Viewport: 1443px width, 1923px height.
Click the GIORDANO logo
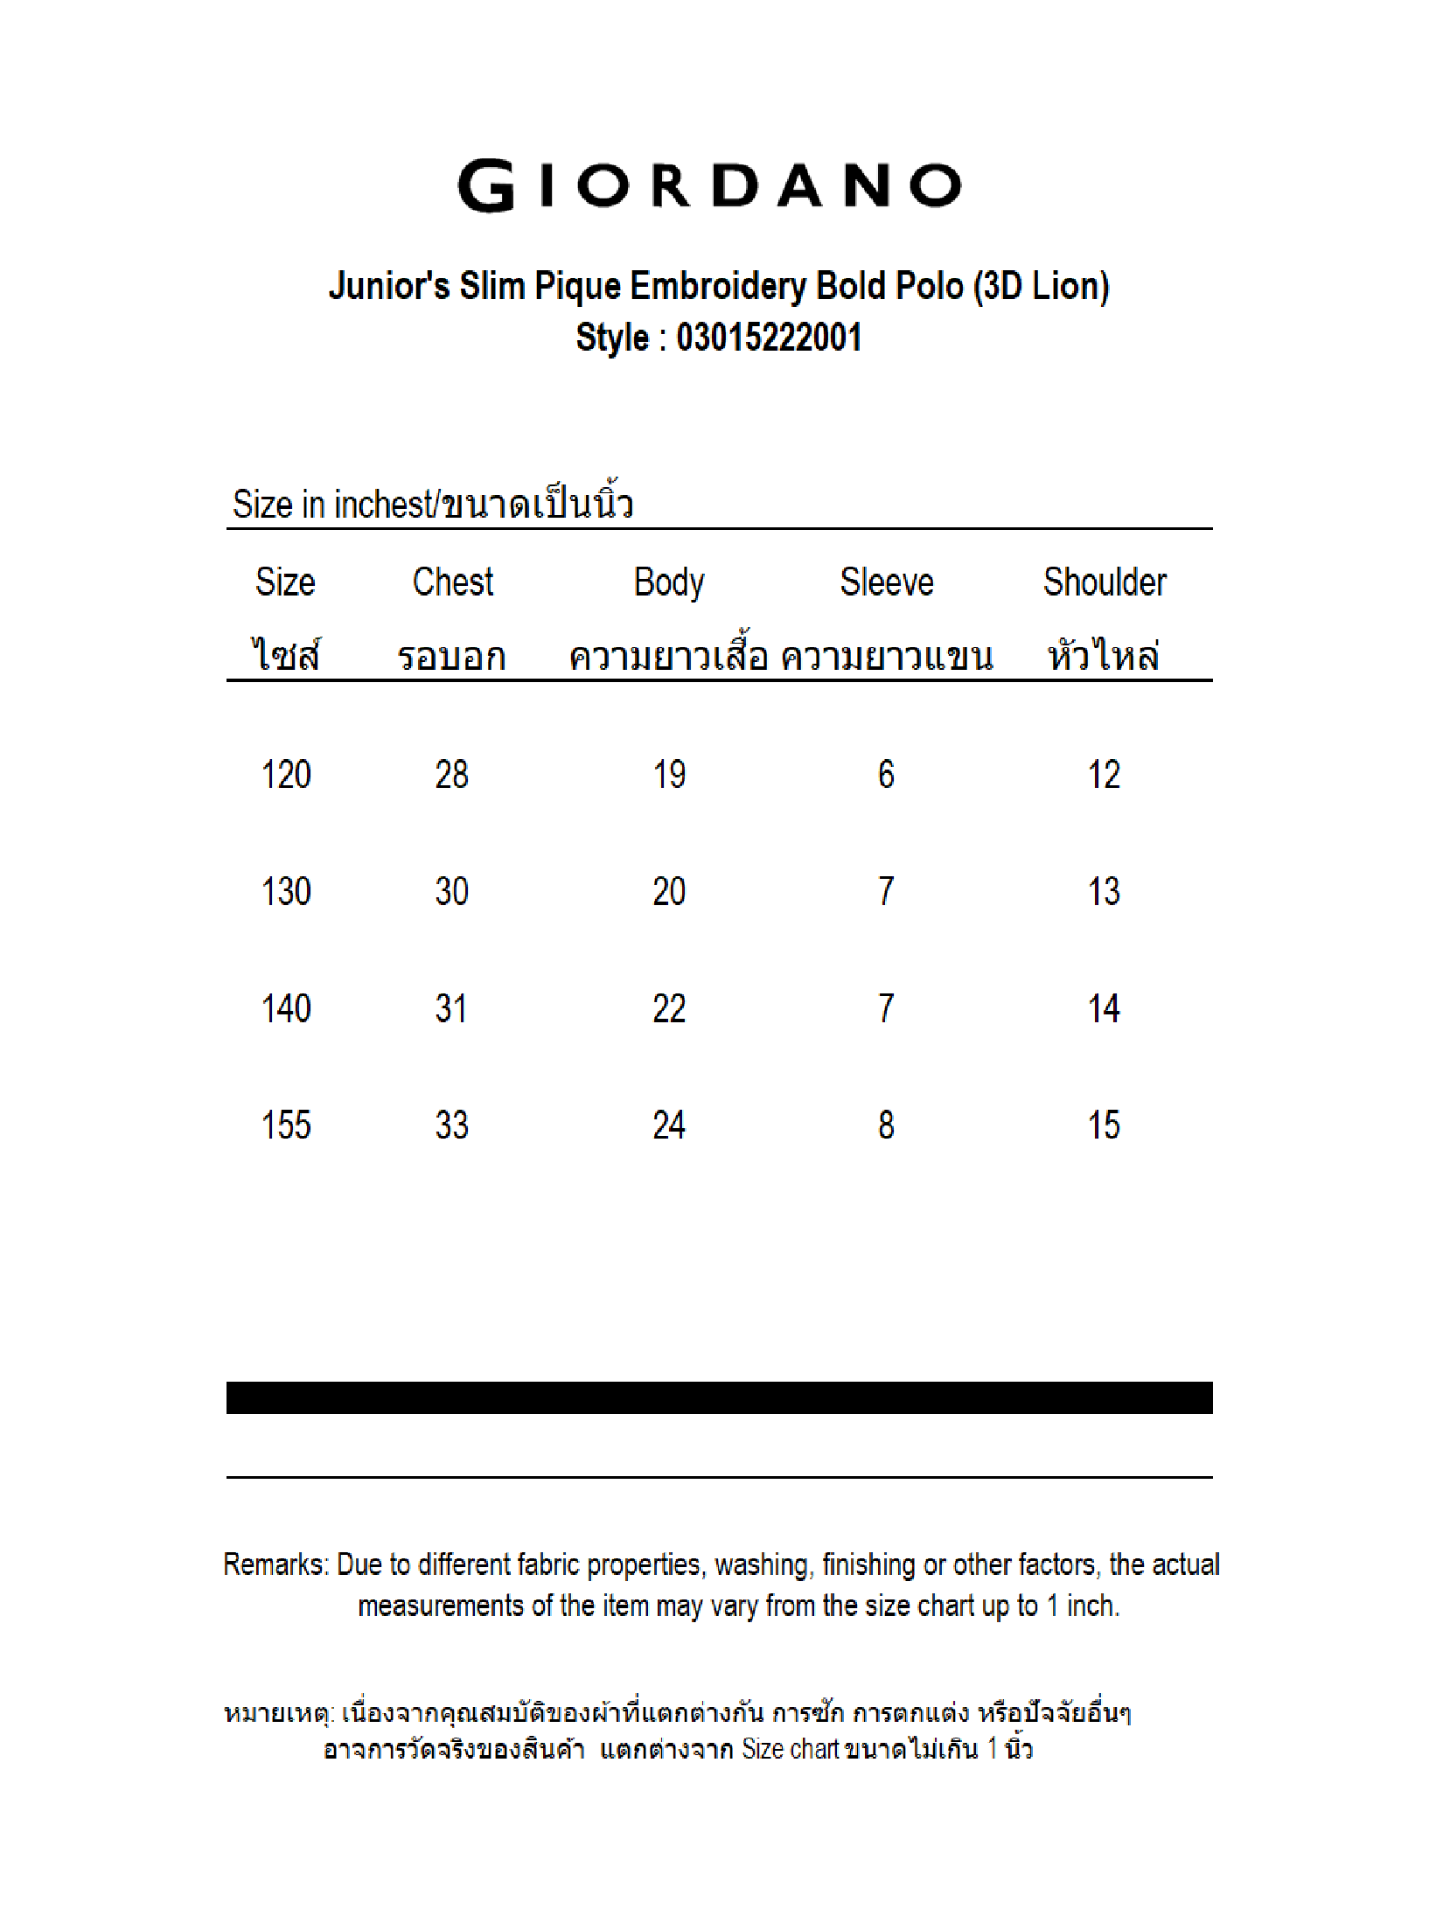pyautogui.click(x=709, y=185)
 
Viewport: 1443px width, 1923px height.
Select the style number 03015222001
pyautogui.click(x=769, y=338)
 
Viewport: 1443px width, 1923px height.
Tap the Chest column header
pyautogui.click(x=452, y=582)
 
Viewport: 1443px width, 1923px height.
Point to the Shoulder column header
pyautogui.click(x=1105, y=582)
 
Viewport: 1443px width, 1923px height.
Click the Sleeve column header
pyautogui.click(x=886, y=582)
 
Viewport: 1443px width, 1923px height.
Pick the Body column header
pyautogui.click(x=669, y=582)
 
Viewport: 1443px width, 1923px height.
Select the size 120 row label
pyautogui.click(x=286, y=775)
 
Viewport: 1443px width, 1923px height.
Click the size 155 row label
pyautogui.click(x=286, y=1125)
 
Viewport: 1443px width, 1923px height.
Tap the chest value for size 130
pyautogui.click(x=451, y=892)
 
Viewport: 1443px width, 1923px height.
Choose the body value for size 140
pyautogui.click(x=669, y=1009)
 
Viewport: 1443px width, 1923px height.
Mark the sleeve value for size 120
pyautogui.click(x=886, y=775)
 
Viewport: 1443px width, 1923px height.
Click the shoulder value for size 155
pyautogui.click(x=1104, y=1125)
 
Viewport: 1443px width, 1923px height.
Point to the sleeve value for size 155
pyautogui.click(x=886, y=1125)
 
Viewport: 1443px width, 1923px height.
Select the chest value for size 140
pyautogui.click(x=451, y=1009)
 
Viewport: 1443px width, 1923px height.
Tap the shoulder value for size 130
pyautogui.click(x=1104, y=892)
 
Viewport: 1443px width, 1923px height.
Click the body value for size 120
pyautogui.click(x=669, y=775)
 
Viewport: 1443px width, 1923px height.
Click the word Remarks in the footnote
pyautogui.click(x=275, y=1564)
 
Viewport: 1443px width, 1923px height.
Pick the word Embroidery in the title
pyautogui.click(x=717, y=287)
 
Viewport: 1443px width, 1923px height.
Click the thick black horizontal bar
pyautogui.click(x=719, y=1397)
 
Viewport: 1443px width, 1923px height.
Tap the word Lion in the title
pyautogui.click(x=1065, y=287)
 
